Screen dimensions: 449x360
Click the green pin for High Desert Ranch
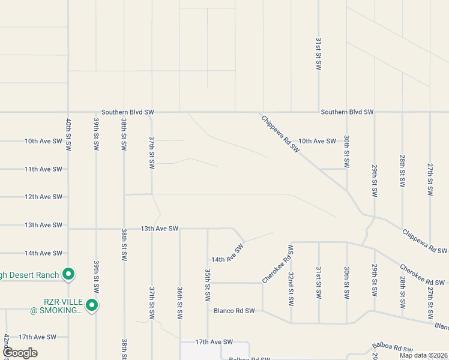[x=68, y=275]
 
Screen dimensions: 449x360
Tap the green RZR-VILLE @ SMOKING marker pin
[x=92, y=305]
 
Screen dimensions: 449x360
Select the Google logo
[x=20, y=352]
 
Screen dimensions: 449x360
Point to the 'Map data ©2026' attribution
[x=423, y=355]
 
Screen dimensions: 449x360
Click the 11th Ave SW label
[x=43, y=169]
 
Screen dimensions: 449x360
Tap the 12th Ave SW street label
[x=43, y=197]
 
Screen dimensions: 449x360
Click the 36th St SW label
[x=179, y=302]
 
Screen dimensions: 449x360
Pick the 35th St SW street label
[x=207, y=284]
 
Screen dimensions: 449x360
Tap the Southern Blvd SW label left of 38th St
[x=128, y=112]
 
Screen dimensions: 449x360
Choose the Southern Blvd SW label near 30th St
[x=347, y=112]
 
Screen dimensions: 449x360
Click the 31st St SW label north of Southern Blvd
[x=318, y=53]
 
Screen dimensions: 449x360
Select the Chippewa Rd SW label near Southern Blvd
[x=280, y=134]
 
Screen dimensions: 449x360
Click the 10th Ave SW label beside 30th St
[x=317, y=141]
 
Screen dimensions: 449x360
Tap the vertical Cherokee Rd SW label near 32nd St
[x=277, y=265]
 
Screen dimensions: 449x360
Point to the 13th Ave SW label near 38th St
[x=160, y=229]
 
